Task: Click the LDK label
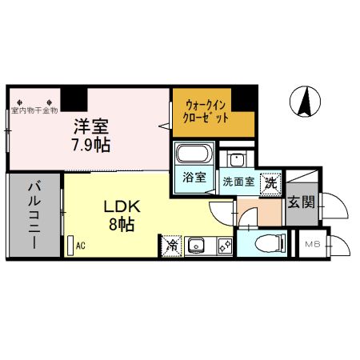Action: coord(119,206)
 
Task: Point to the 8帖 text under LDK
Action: coord(120,224)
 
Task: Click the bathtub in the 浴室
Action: coord(192,154)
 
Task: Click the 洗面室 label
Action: coord(238,182)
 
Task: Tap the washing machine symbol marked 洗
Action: coord(271,182)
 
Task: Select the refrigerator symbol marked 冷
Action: coord(170,246)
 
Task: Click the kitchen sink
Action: coord(197,245)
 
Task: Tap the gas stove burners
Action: coord(223,245)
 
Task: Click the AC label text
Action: coord(80,246)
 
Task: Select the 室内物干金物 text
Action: coord(34,110)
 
